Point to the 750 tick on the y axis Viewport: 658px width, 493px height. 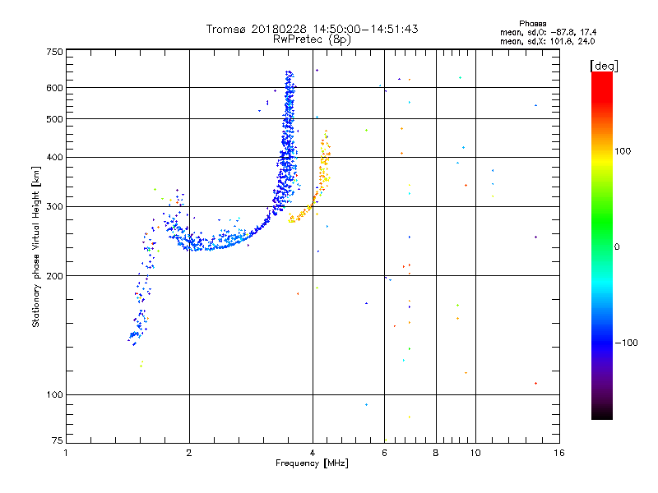tap(54, 52)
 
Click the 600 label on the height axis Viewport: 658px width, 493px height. tap(54, 88)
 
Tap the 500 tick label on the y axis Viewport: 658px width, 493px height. tap(54, 119)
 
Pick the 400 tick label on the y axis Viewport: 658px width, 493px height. tap(54, 157)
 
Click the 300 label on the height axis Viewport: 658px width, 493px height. tap(54, 206)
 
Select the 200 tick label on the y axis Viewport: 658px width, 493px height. tap(54, 275)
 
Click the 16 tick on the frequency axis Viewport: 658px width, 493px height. tap(558, 452)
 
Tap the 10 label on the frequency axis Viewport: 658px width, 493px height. tap(475, 452)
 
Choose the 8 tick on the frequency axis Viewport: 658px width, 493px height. tap(436, 452)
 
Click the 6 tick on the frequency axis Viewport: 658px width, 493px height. tap(384, 452)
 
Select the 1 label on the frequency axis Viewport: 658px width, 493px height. tap(66, 452)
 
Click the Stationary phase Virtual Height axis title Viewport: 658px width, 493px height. tap(36, 246)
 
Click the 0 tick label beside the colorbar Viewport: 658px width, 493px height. tap(618, 246)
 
